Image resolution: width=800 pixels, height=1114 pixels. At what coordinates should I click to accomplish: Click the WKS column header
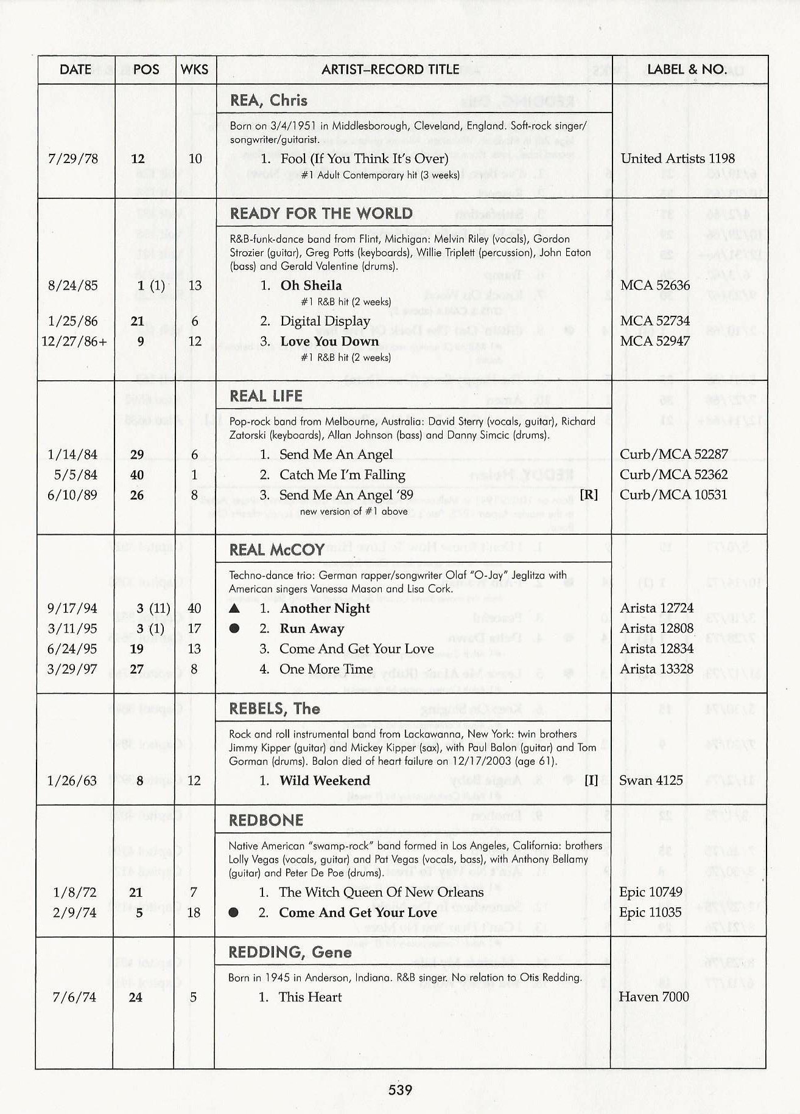pyautogui.click(x=194, y=69)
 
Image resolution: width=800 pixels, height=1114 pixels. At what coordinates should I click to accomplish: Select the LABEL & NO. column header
pyautogui.click(x=687, y=69)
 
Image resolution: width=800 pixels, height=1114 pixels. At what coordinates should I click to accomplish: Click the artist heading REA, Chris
pyautogui.click(x=268, y=100)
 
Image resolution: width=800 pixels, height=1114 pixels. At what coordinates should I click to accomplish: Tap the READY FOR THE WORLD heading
pyautogui.click(x=321, y=214)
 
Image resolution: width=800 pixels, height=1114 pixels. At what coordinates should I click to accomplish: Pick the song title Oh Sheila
pyautogui.click(x=311, y=285)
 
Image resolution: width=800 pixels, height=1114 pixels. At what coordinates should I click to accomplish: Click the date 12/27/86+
pyautogui.click(x=74, y=341)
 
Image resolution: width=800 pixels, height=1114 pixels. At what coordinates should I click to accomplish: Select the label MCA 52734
pyautogui.click(x=654, y=321)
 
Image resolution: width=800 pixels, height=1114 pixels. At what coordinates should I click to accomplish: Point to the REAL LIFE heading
pyautogui.click(x=266, y=396)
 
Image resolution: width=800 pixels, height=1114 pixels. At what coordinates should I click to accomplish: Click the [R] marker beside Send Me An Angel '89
pyautogui.click(x=589, y=495)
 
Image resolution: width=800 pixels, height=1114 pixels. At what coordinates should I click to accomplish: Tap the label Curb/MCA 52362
pyautogui.click(x=673, y=475)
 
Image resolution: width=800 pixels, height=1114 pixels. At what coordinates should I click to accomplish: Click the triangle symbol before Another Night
pyautogui.click(x=234, y=608)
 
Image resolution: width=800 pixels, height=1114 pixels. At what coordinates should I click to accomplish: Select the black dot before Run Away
pyautogui.click(x=234, y=628)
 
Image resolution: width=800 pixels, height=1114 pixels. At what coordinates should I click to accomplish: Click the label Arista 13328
pyautogui.click(x=656, y=669)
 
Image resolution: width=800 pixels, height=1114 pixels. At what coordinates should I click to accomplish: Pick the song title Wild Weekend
pyautogui.click(x=325, y=781)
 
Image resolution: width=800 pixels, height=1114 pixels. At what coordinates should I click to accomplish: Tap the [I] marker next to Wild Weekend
pyautogui.click(x=591, y=781)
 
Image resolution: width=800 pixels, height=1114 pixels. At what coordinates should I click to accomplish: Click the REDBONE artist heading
pyautogui.click(x=266, y=820)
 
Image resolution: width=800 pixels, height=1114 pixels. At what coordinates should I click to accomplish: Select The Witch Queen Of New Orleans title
pyautogui.click(x=381, y=892)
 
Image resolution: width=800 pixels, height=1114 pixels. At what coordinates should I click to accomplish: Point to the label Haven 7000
pyautogui.click(x=653, y=997)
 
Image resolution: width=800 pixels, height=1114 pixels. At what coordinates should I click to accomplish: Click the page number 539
pyautogui.click(x=400, y=1090)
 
